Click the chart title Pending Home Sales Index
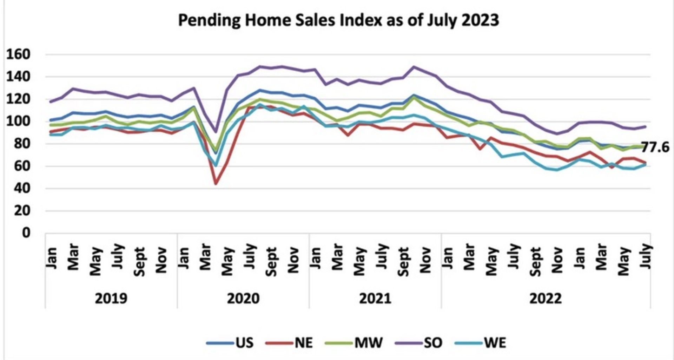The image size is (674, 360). tap(338, 20)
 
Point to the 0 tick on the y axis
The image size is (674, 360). tap(26, 233)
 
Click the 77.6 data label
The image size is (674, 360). tap(655, 147)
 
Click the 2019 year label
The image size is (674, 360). tap(111, 299)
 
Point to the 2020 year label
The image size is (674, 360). tap(243, 299)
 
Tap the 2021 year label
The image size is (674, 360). tap(375, 299)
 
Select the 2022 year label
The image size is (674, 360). tap(545, 299)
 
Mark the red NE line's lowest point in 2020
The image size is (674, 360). tap(216, 183)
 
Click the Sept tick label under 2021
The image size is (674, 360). tap(403, 262)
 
